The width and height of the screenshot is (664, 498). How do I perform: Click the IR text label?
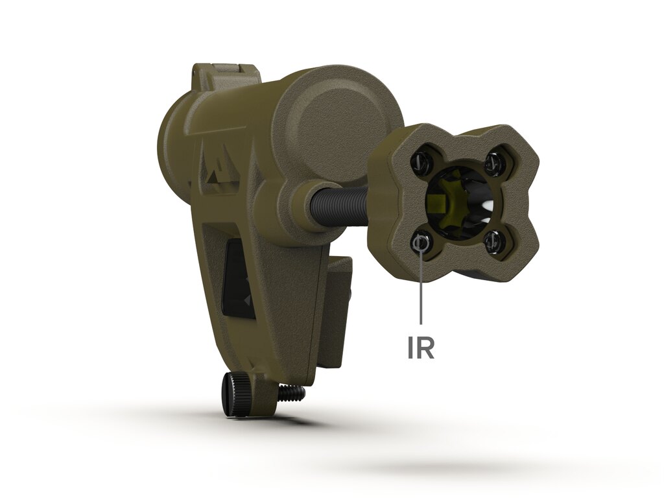(421, 348)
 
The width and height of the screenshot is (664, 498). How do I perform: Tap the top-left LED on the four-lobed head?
(420, 160)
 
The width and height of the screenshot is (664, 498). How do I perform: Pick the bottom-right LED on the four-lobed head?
(493, 241)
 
